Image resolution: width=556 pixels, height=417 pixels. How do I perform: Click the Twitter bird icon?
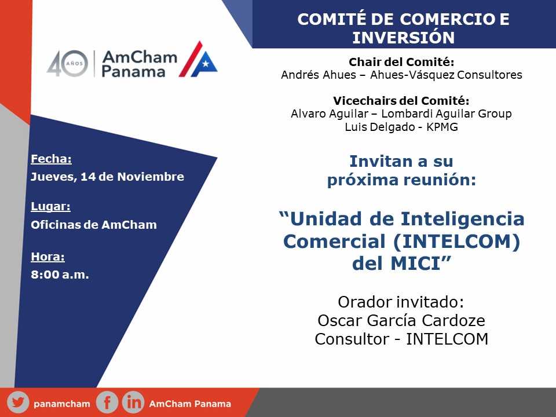tap(18, 403)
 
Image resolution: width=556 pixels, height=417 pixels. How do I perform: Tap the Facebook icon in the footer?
tap(107, 403)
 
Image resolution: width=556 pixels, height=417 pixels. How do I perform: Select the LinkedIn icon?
tap(133, 403)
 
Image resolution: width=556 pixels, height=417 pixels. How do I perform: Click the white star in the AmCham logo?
tap(205, 64)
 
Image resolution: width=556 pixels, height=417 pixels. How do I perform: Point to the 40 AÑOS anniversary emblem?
tap(67, 64)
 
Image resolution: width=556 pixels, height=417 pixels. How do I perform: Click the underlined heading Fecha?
tap(51, 159)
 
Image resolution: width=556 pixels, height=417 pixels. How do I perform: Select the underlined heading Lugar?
tap(51, 206)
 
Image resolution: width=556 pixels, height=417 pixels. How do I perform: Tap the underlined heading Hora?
tap(48, 257)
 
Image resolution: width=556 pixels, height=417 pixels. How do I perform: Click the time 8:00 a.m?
tap(60, 275)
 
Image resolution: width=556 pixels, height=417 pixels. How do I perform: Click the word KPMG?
tap(442, 127)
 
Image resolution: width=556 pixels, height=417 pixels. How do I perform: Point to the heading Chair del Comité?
tap(401, 62)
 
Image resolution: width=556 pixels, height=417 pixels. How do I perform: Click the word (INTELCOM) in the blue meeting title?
tap(457, 242)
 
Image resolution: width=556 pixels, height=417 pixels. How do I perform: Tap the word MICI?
tap(415, 264)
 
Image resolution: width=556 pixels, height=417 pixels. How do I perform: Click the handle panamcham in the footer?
tap(62, 404)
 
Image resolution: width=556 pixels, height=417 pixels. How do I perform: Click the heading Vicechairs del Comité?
tap(401, 101)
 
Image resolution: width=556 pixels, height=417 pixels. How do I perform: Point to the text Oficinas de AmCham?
tap(94, 225)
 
